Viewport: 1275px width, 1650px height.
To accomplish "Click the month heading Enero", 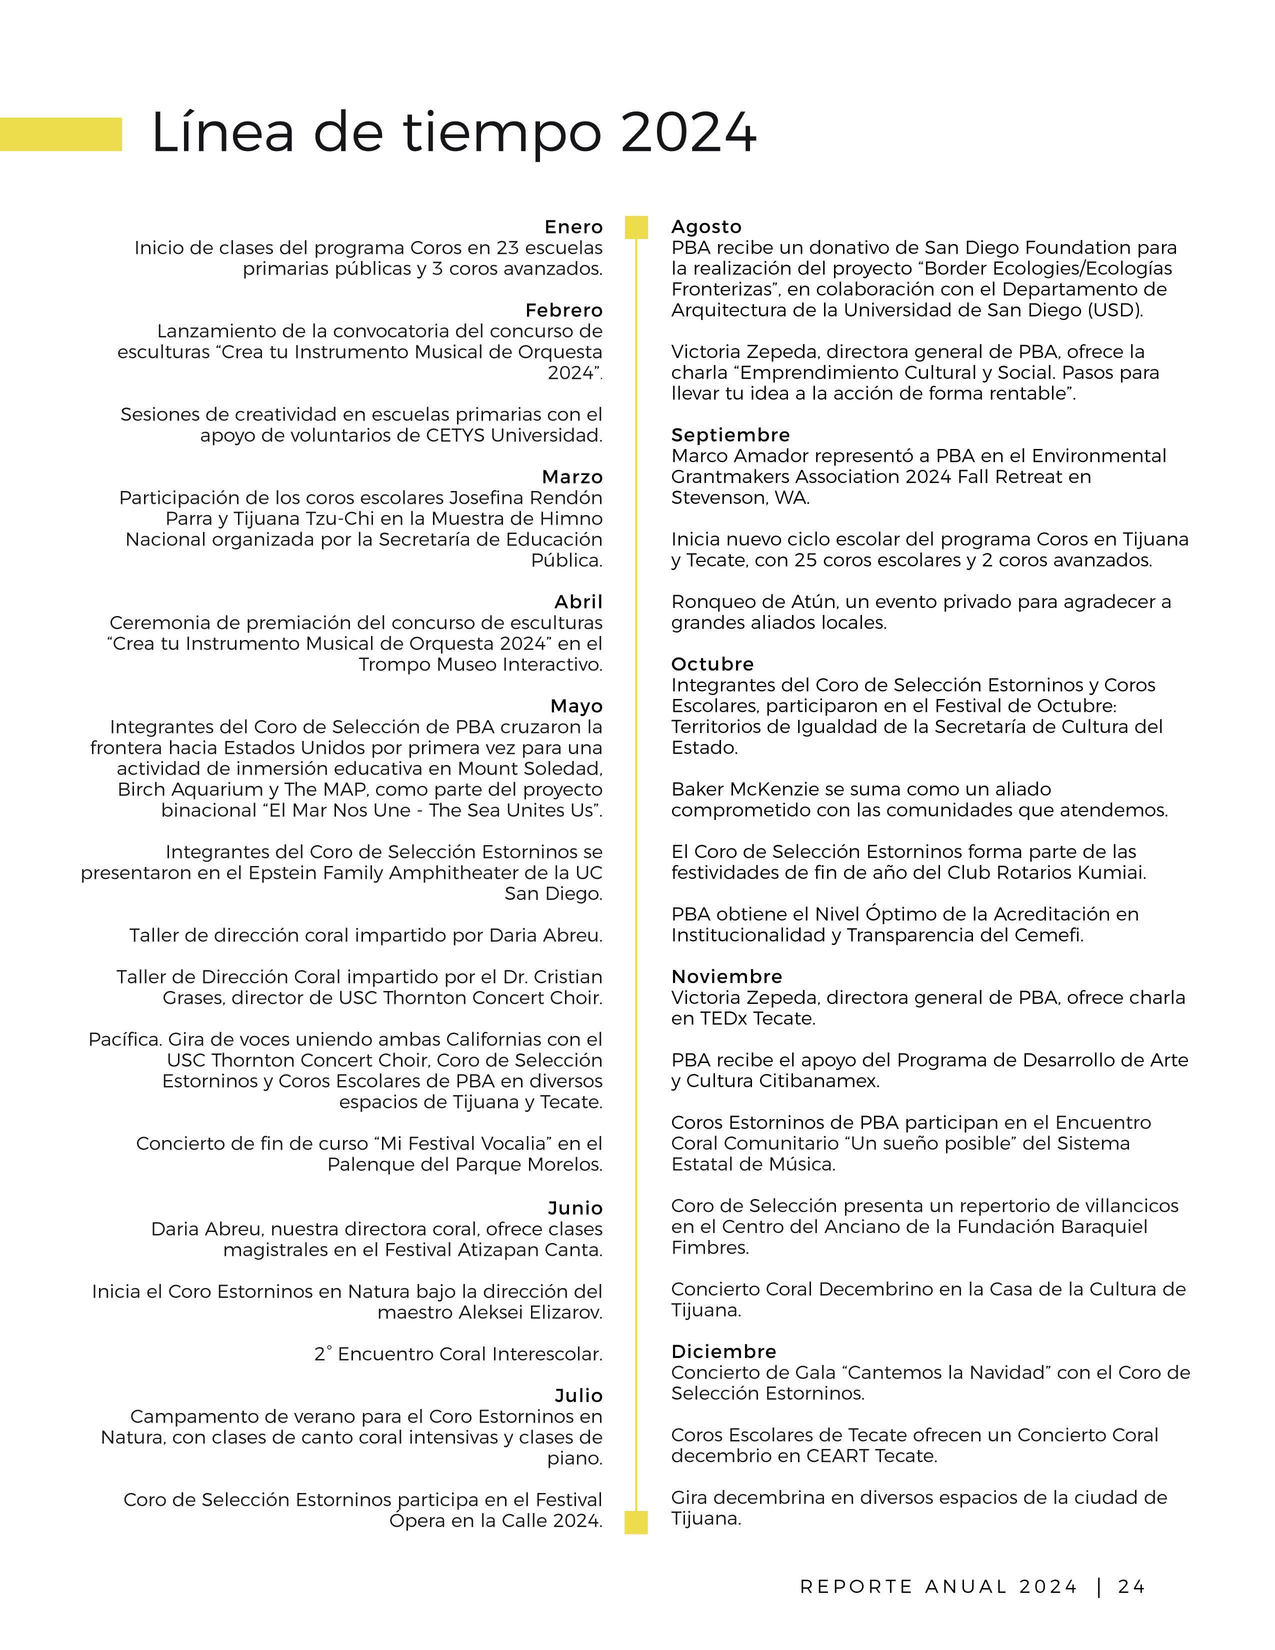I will tap(573, 226).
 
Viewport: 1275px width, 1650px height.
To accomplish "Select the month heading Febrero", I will tap(563, 310).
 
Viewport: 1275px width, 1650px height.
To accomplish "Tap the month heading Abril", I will tap(578, 601).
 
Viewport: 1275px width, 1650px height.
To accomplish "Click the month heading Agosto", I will tap(706, 226).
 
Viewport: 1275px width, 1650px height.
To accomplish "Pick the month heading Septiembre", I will tap(730, 434).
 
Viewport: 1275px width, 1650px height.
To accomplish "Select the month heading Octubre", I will tap(712, 663).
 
